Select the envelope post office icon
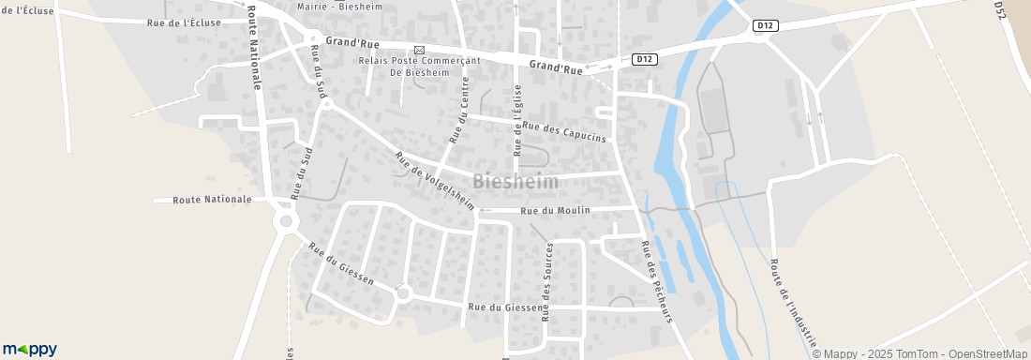tap(419, 50)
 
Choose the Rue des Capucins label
tap(564, 131)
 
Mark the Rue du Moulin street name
tap(556, 210)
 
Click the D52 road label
tap(999, 9)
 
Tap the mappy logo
tap(30, 349)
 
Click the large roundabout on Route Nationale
tap(285, 222)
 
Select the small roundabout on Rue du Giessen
tap(404, 293)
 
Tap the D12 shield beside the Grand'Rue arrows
tap(643, 58)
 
